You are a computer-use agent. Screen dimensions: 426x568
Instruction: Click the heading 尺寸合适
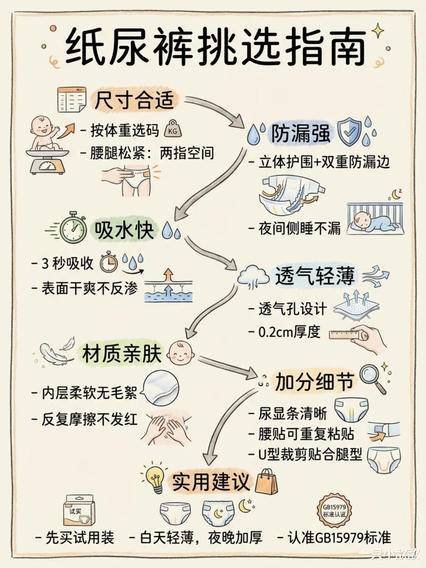(134, 100)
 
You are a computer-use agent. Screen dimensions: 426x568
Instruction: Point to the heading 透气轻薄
(315, 276)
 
